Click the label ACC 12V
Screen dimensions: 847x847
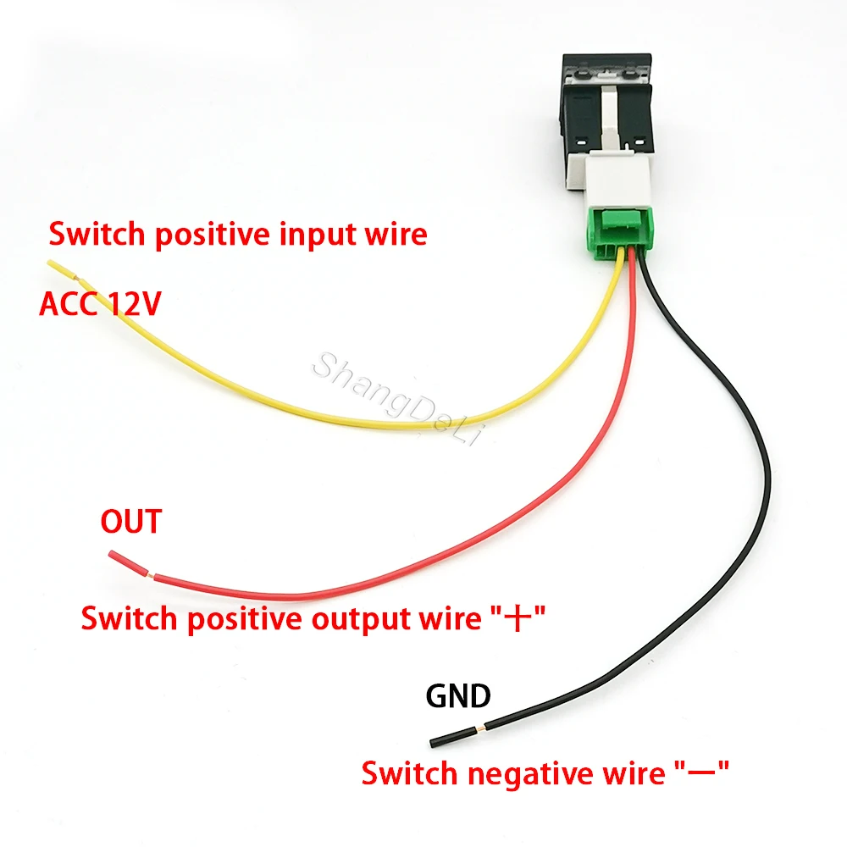[100, 304]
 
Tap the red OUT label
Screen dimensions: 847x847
[130, 522]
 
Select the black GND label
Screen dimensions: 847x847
[458, 696]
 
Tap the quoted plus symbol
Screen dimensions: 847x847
[515, 620]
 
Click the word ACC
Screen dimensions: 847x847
[69, 304]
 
